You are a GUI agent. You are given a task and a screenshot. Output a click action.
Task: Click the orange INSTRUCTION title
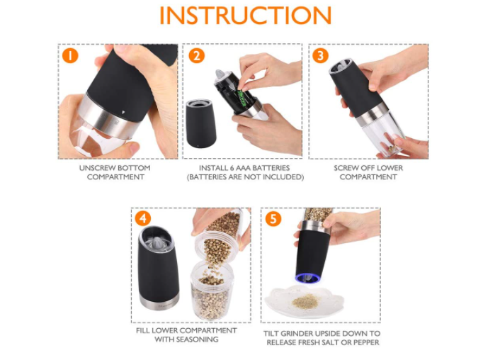245,15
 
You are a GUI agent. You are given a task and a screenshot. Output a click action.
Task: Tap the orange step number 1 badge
70,55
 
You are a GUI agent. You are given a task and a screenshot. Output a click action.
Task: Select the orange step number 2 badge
196,55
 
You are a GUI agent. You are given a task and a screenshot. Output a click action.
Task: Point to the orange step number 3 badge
320,55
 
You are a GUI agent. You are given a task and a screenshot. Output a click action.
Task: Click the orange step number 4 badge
142,218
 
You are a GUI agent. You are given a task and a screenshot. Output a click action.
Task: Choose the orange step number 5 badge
273,219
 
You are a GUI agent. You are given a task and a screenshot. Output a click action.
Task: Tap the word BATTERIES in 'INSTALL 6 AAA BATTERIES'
271,168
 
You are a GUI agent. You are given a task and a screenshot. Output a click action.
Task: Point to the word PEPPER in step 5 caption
365,342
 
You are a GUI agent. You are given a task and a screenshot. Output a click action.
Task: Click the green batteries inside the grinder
243,98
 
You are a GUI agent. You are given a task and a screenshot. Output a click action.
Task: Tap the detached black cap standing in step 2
200,123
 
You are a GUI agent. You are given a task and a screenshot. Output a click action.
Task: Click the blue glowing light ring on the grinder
307,277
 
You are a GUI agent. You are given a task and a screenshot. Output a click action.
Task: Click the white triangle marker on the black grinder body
123,113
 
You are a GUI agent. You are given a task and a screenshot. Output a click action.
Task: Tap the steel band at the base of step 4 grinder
159,302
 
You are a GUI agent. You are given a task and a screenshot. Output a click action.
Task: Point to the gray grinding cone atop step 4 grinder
157,241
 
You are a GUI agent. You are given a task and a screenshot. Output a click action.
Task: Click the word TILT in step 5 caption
271,334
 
